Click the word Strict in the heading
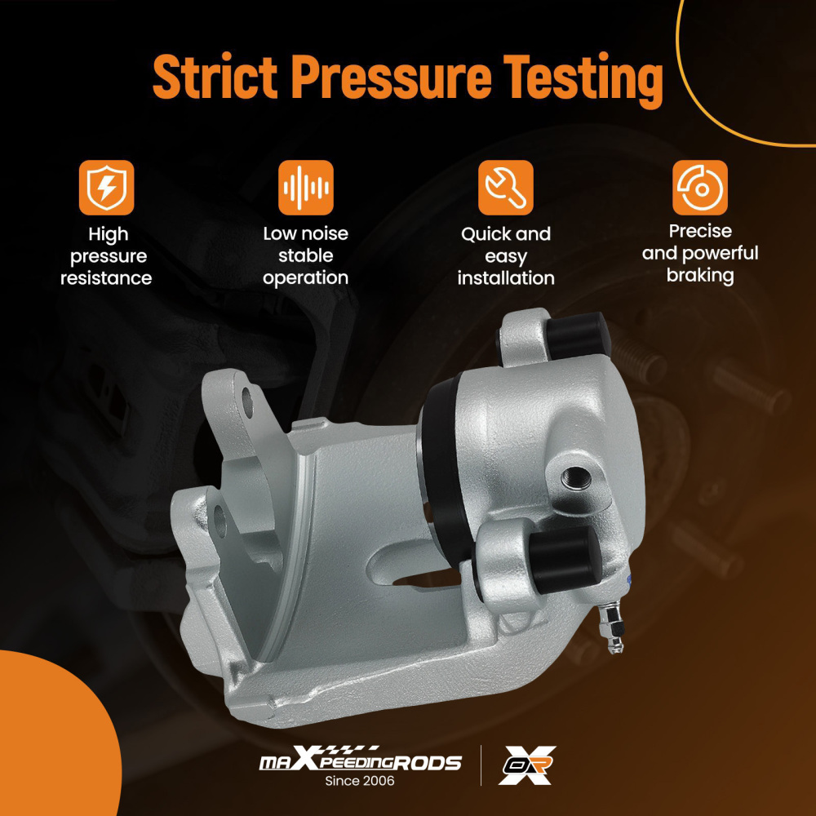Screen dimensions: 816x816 (215, 78)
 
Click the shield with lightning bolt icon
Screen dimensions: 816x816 (107, 188)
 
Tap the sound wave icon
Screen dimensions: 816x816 (305, 188)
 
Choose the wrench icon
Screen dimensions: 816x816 (505, 188)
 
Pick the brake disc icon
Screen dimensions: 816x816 (700, 188)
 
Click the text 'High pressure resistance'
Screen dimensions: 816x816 (106, 256)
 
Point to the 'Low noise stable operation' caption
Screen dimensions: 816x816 (305, 255)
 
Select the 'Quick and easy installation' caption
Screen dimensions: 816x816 (506, 256)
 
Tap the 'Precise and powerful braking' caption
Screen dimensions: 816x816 (700, 253)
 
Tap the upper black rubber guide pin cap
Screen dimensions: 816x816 (578, 335)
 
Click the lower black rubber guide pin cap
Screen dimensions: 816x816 (565, 559)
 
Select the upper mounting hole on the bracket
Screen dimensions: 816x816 (248, 403)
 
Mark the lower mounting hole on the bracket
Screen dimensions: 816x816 (220, 521)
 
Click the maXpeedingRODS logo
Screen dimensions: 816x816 (360, 761)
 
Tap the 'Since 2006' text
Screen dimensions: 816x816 (360, 781)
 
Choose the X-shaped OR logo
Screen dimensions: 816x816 (526, 765)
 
